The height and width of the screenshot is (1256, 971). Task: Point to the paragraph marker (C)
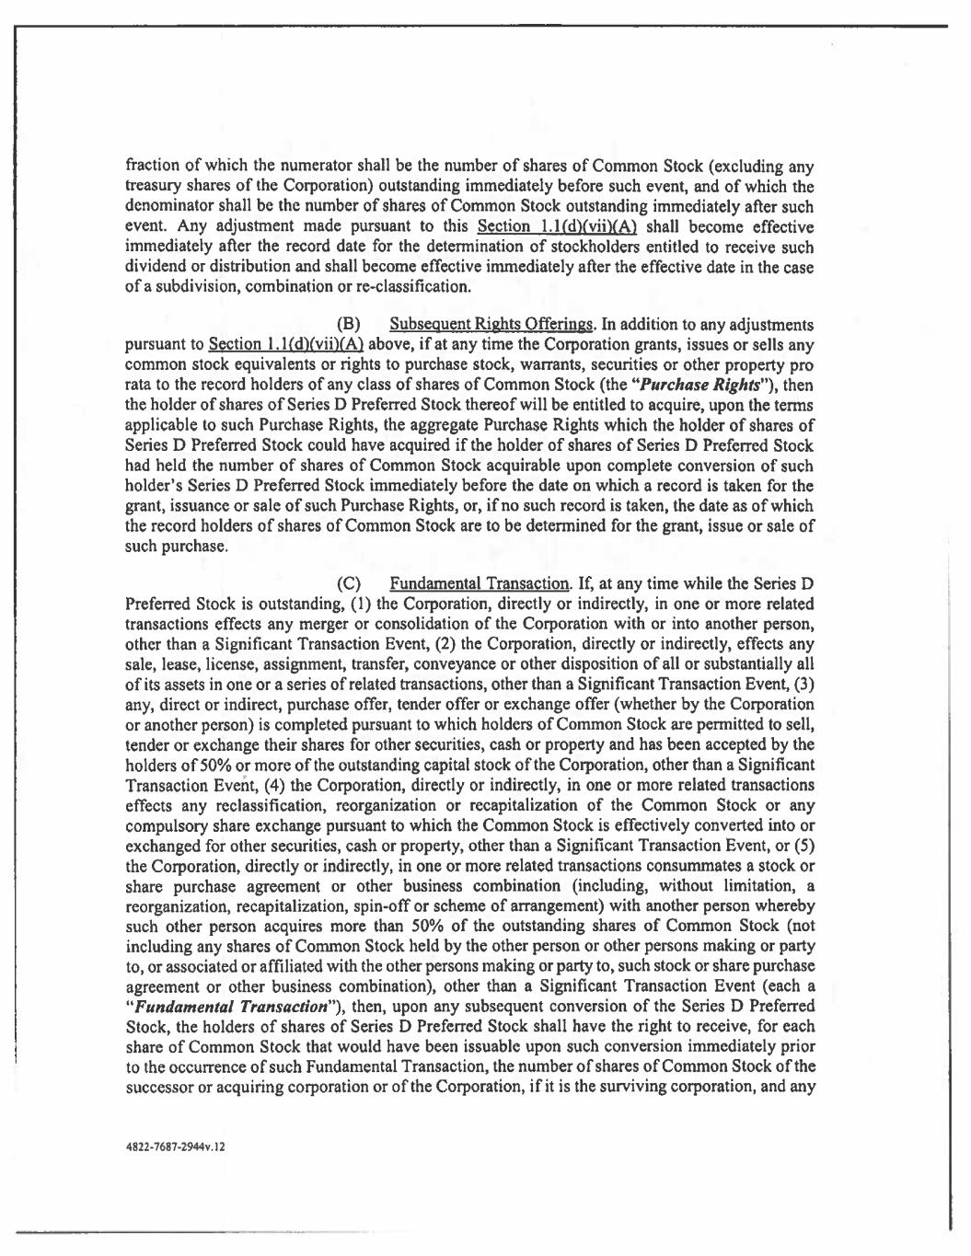pyautogui.click(x=348, y=583)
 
